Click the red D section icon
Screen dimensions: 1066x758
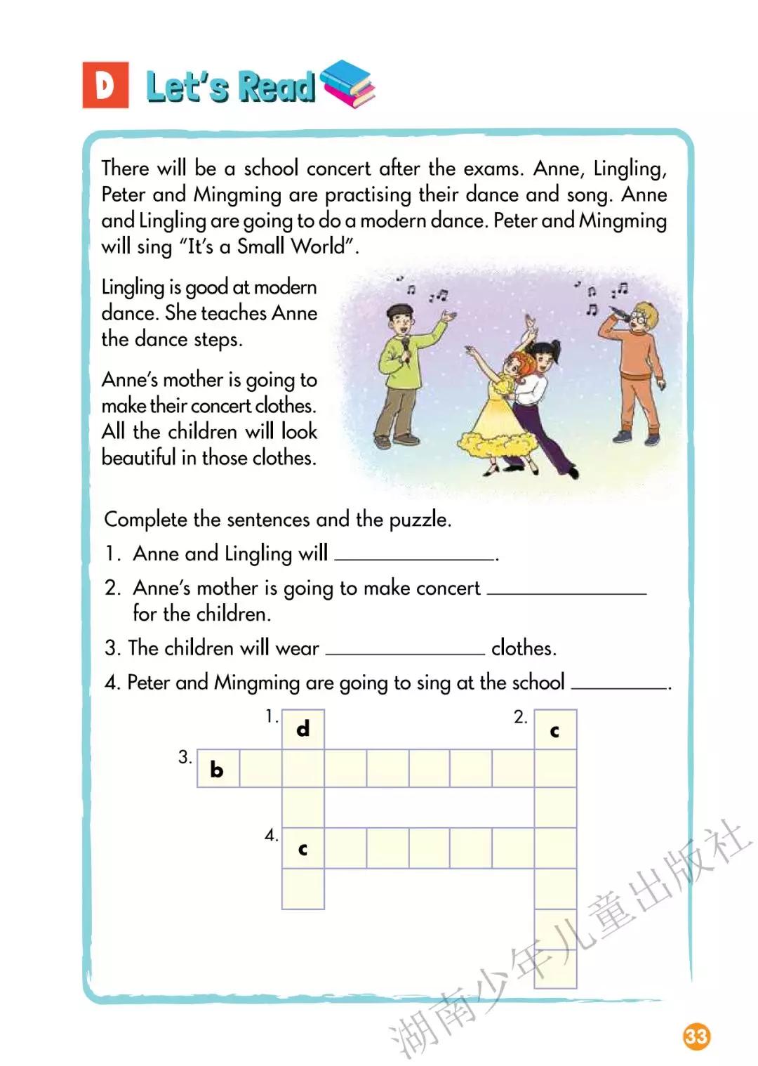[105, 85]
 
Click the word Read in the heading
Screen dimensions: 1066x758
[277, 87]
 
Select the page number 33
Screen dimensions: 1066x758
[696, 1037]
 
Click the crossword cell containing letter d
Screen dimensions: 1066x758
[303, 729]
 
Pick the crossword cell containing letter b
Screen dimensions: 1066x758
[218, 769]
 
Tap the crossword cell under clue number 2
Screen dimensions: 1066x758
[555, 730]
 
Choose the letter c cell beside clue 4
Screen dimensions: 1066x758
[303, 848]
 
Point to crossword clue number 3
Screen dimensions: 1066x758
[185, 757]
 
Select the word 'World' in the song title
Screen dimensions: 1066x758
[319, 246]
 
